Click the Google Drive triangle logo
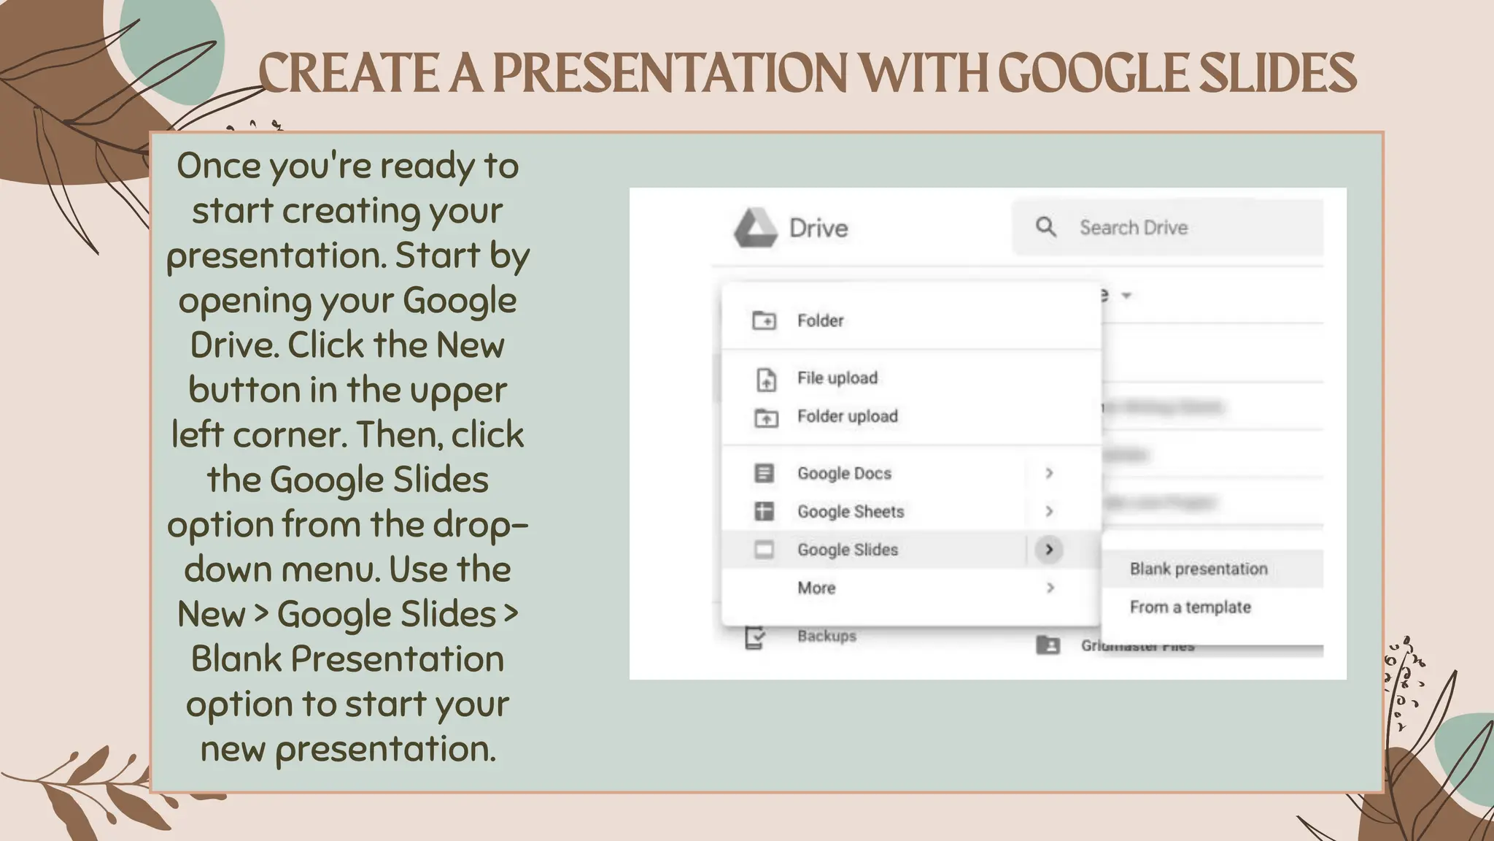tap(755, 228)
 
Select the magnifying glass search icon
tap(1046, 227)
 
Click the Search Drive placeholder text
tap(1134, 228)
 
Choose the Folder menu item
tap(820, 320)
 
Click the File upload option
tap(837, 378)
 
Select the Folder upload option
tap(847, 416)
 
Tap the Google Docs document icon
tap(764, 473)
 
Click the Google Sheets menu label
tap(851, 512)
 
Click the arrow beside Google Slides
tap(1049, 550)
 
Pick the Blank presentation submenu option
tap(1199, 569)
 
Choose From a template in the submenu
tap(1190, 607)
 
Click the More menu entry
tap(816, 588)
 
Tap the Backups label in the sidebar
tap(827, 636)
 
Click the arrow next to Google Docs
tap(1049, 473)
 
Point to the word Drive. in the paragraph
tap(234, 345)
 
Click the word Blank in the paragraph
tap(236, 659)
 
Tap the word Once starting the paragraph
tap(219, 166)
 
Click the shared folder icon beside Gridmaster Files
tap(1048, 645)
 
